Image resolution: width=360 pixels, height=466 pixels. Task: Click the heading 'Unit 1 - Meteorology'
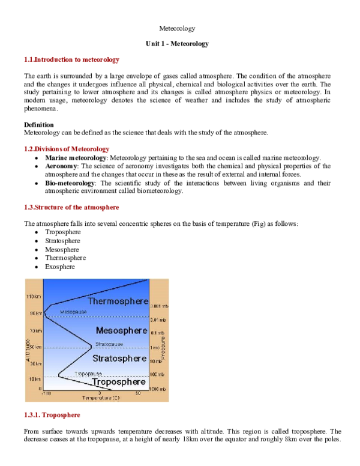click(x=177, y=44)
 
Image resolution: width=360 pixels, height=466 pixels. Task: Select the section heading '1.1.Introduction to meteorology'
click(x=71, y=60)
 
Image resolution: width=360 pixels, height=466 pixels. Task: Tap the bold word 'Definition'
click(x=39, y=125)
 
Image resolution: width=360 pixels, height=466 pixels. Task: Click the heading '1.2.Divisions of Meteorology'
click(x=67, y=148)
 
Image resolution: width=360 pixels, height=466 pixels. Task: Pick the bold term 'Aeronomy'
click(x=61, y=166)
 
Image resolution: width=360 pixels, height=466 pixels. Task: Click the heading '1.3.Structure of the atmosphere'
click(x=71, y=207)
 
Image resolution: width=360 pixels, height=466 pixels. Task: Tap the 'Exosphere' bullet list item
click(x=60, y=267)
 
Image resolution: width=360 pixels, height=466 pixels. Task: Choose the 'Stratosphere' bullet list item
click(x=62, y=241)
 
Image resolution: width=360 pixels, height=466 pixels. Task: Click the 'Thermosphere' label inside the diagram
click(x=118, y=301)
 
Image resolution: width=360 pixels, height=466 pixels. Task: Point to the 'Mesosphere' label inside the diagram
click(x=121, y=330)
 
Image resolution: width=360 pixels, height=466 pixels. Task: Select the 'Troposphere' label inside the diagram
click(x=118, y=382)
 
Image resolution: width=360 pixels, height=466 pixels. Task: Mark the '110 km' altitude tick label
click(x=34, y=297)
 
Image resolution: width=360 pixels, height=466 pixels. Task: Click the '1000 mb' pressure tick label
click(x=158, y=389)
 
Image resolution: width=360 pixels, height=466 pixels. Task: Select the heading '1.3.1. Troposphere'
click(x=52, y=415)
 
